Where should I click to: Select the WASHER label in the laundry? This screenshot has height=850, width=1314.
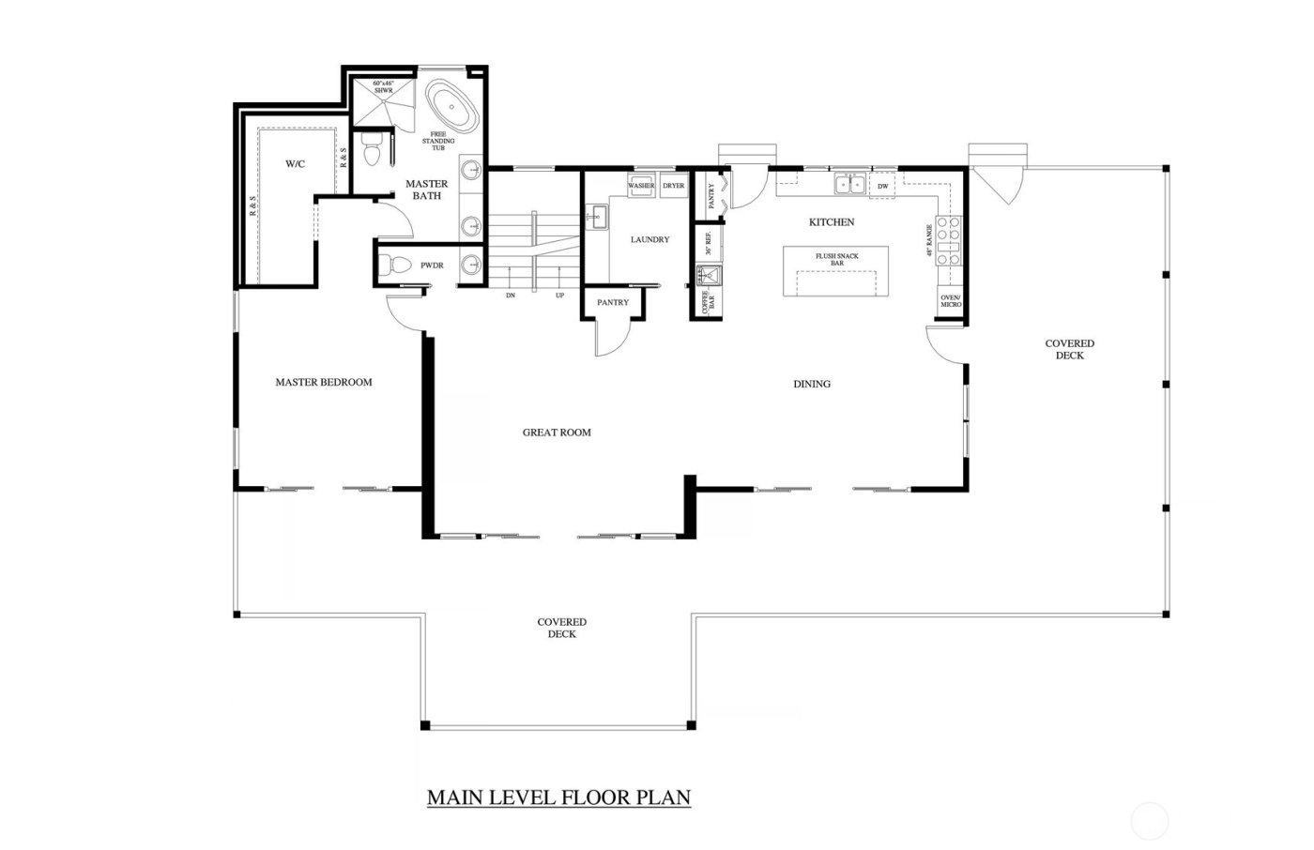[x=641, y=186]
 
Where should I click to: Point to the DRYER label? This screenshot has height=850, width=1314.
[x=674, y=186]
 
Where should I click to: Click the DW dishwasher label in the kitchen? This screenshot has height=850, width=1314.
[x=882, y=186]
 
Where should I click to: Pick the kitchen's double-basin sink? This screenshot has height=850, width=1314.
[x=851, y=185]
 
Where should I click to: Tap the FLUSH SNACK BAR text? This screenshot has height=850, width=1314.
[x=836, y=259]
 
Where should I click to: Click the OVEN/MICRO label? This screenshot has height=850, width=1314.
[x=950, y=301]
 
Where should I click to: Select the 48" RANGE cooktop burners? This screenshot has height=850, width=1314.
[x=949, y=240]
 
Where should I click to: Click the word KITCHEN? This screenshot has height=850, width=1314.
[x=832, y=222]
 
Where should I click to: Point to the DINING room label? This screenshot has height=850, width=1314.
[x=812, y=384]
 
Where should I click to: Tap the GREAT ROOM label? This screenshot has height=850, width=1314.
[x=557, y=433]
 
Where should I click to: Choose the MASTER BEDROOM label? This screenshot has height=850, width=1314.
[x=323, y=382]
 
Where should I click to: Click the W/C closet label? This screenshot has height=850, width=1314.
[x=295, y=164]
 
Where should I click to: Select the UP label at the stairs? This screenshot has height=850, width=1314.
[x=560, y=295]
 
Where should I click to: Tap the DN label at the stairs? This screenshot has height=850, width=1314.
[x=510, y=295]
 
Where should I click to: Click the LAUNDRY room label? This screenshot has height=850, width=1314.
[x=649, y=239]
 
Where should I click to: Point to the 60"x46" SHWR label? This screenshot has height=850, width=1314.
[x=383, y=87]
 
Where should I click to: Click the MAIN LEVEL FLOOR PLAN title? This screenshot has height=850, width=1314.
[x=558, y=797]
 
